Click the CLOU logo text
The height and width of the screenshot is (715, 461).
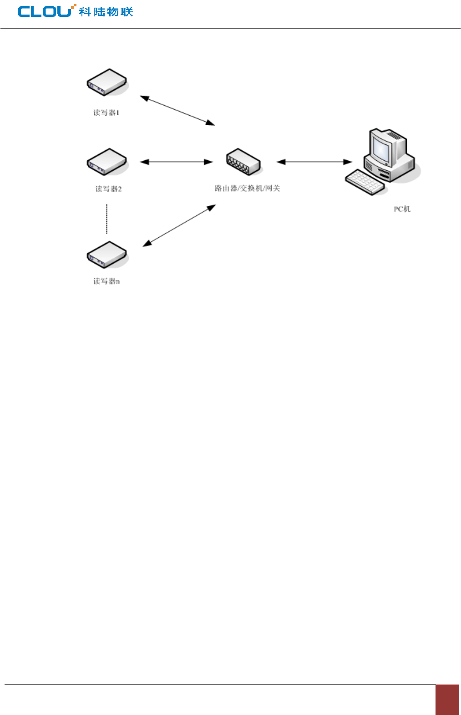coord(45,11)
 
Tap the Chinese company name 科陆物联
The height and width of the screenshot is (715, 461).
coord(106,11)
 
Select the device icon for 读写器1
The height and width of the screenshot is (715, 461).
coord(106,82)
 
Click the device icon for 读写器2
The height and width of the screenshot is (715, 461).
coord(106,162)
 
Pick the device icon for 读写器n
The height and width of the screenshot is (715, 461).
coord(106,255)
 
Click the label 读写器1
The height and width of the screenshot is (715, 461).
coord(106,112)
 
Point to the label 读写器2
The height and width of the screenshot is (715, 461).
coord(108,189)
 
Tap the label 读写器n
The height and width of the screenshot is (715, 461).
coord(106,281)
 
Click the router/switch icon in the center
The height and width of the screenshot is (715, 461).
coord(243,162)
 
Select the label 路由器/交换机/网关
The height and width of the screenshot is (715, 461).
coord(247,188)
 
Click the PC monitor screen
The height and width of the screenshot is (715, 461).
coord(381,148)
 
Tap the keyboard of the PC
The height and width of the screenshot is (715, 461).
coord(365,182)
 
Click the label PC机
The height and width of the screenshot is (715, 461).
coord(402,209)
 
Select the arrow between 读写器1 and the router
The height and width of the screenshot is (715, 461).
coord(177,110)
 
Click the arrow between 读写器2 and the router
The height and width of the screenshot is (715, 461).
coord(176,162)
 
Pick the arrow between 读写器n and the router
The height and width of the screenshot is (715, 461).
coord(179,225)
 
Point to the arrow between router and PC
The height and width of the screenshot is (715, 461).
coord(314,162)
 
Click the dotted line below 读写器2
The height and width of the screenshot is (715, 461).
coord(107,219)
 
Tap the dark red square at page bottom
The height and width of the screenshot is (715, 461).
coord(447,700)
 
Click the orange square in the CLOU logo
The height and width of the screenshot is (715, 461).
coord(74,6)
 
